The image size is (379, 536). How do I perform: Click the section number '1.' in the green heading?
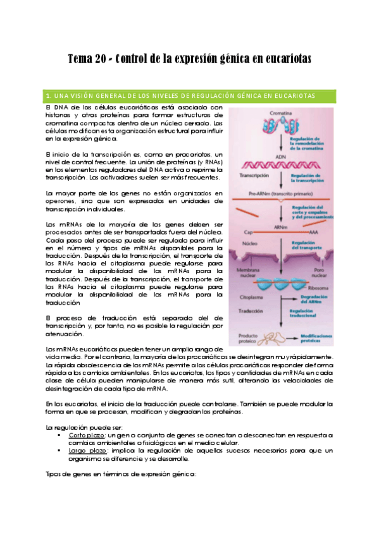[49, 96]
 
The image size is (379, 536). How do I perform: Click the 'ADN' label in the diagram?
[281, 155]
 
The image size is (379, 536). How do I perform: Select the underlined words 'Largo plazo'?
[85, 450]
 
